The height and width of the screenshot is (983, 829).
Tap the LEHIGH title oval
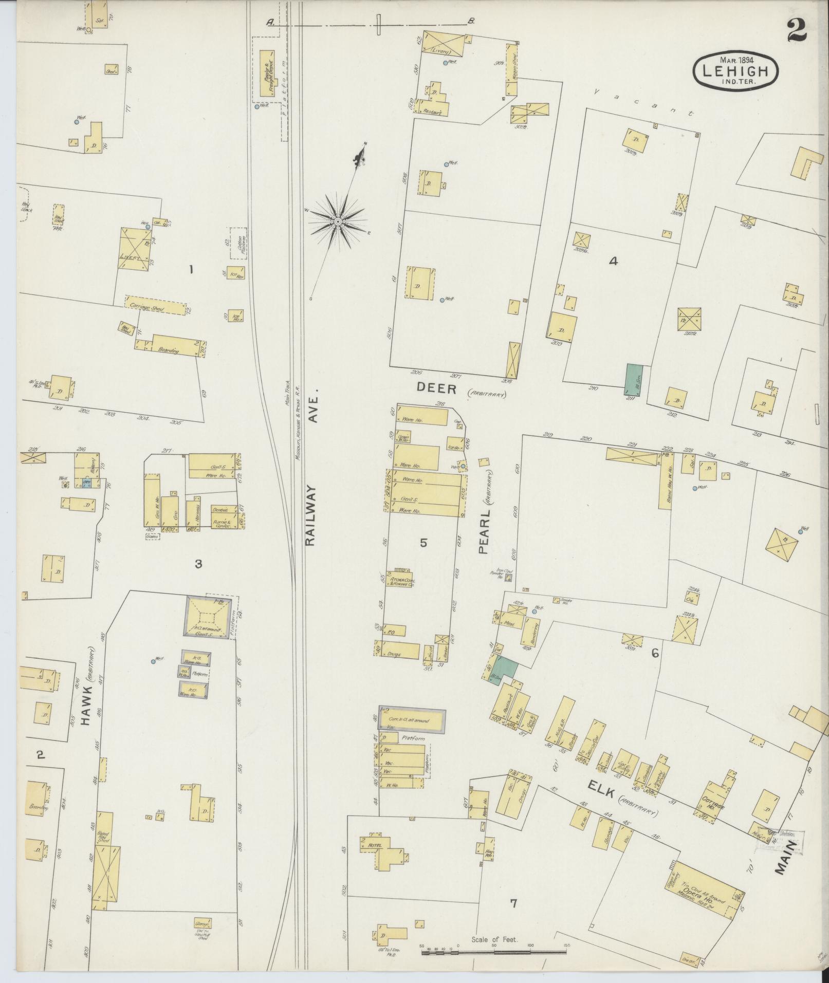735,70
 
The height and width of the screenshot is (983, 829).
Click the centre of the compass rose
338,221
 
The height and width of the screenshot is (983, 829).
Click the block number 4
613,261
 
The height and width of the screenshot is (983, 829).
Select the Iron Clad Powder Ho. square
508,578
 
